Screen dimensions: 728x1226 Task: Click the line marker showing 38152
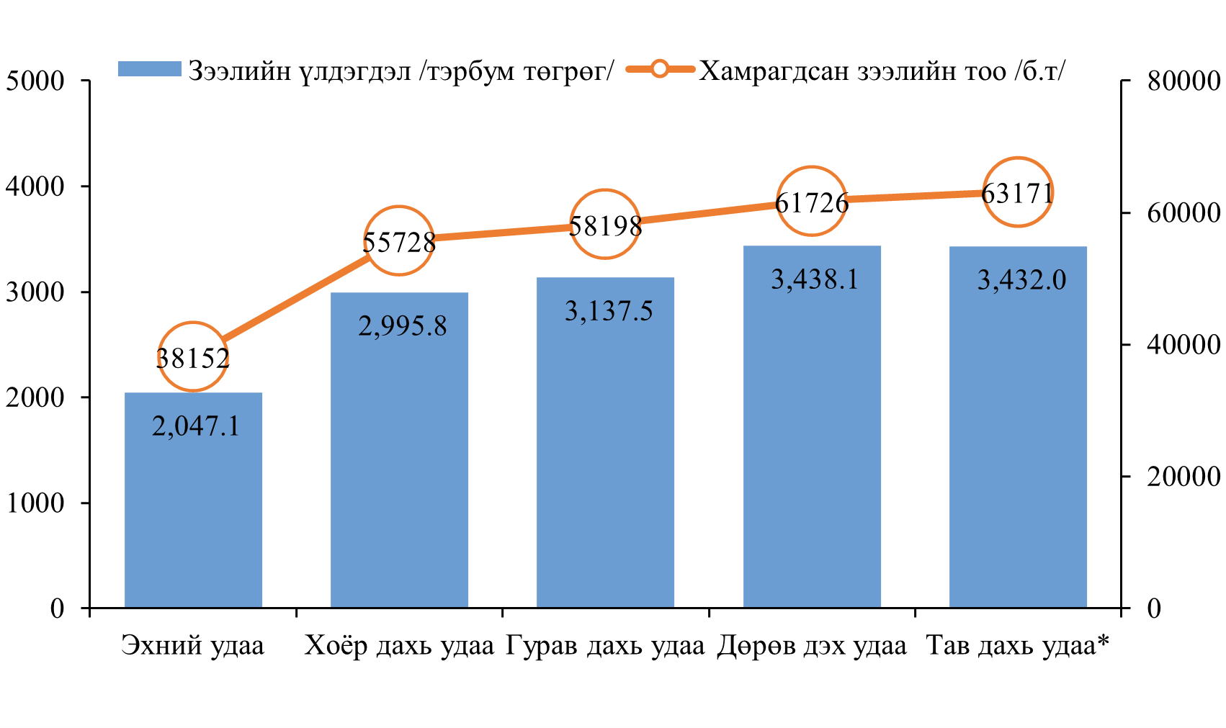[193, 356]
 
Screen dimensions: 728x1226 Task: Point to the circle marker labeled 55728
[399, 241]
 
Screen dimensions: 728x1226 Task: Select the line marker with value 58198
[605, 224]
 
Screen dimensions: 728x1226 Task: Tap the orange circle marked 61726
[812, 201]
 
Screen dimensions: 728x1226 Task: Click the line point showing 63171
[1018, 192]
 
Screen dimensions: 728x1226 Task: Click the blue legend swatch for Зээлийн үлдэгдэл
[149, 69]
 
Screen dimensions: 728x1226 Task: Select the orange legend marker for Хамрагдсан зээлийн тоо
[660, 69]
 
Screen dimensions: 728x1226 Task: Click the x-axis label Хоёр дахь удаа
[399, 645]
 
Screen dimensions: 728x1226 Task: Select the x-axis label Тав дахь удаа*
[1018, 645]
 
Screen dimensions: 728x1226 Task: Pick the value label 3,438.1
[815, 279]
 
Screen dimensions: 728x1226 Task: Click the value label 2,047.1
[195, 426]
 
